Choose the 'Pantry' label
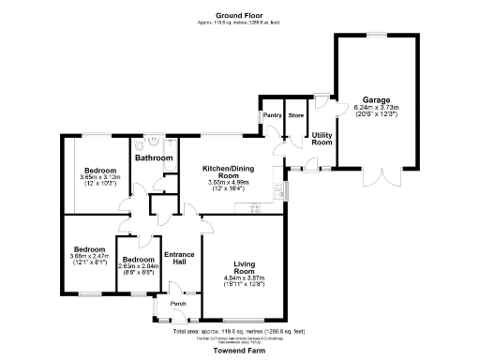click(x=273, y=115)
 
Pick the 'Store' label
click(x=296, y=115)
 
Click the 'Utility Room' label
click(x=322, y=139)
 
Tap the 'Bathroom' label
click(x=154, y=158)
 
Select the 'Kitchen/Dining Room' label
click(x=228, y=172)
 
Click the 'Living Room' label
click(x=243, y=267)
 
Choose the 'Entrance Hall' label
click(x=179, y=260)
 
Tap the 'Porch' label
click(x=178, y=304)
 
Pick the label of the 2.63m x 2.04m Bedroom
click(x=138, y=259)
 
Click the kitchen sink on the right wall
click(x=280, y=192)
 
